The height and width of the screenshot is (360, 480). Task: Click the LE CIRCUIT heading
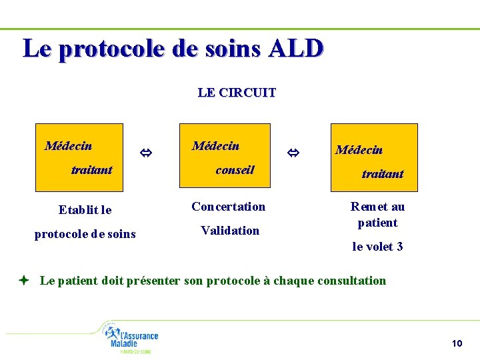237,93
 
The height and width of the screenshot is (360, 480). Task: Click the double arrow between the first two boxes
145,154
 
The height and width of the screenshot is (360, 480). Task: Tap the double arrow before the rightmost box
293,154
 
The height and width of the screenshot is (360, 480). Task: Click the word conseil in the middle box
235,170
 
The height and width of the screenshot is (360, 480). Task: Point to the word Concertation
228,207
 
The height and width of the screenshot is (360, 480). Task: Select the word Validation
230,231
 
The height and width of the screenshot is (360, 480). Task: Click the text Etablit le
85,210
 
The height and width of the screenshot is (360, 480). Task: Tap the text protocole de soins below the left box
85,234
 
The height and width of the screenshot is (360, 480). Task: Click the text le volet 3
377,247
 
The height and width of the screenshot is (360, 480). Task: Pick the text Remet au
377,207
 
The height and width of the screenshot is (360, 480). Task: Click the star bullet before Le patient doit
23,281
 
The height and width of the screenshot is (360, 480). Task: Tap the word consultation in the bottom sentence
351,281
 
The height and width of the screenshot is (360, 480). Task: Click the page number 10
457,343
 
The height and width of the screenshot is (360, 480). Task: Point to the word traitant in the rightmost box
382,174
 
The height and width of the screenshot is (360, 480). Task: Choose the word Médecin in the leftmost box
68,146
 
